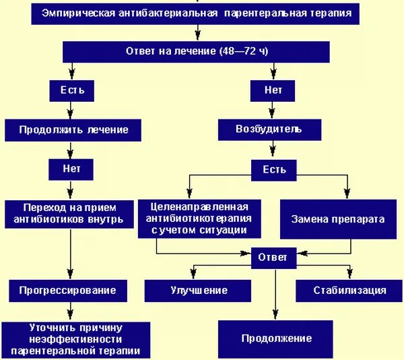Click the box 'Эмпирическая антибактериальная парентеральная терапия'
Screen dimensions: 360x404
pyautogui.click(x=196, y=13)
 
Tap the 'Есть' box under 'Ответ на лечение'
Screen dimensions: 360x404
pyautogui.click(x=71, y=89)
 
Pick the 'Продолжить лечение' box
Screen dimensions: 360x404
pyautogui.click(x=73, y=129)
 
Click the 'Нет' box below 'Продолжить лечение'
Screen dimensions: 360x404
pyautogui.click(x=71, y=169)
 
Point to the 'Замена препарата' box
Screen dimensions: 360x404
pyautogui.click(x=339, y=219)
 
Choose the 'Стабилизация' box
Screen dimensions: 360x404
pyautogui.click(x=349, y=291)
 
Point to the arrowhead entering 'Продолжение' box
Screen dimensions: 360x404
pyautogui.click(x=275, y=316)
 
